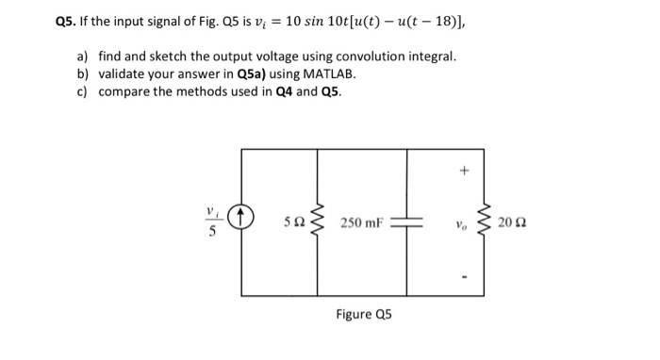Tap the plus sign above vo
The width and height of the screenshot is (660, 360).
pos(463,172)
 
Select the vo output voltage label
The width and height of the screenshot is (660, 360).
pos(461,227)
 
